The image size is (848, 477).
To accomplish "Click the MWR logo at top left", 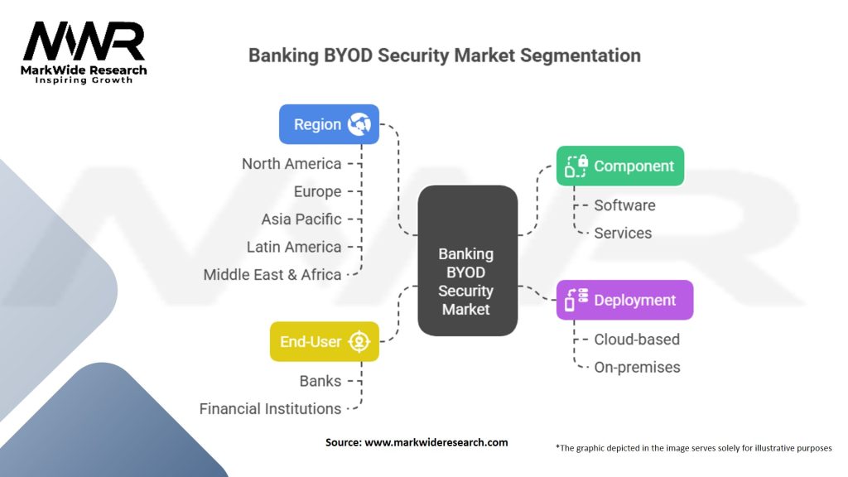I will pos(84,51).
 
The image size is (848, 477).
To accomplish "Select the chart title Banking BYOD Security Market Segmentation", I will pos(445,55).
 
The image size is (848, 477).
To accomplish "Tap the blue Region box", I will pos(328,124).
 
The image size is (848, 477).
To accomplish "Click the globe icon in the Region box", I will pos(359,124).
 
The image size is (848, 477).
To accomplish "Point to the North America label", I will pos(291,163).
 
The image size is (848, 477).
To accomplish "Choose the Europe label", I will pos(317,191).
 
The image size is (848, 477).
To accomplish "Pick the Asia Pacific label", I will pos(301,219).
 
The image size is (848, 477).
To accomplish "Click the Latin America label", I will pos(293,247).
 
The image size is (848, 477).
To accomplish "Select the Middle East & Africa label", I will pos(272,274).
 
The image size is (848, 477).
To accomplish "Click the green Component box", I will pos(619,166).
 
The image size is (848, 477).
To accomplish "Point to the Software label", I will pos(624,205).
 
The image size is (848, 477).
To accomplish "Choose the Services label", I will pos(623,233).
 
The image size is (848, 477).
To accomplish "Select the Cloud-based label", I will pos(636,340).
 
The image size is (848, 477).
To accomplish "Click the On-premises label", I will pos(637,367).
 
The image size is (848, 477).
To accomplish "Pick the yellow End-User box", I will pos(324,341).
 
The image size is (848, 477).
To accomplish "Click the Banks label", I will pos(320,381).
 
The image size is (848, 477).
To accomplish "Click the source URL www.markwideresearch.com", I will pos(436,442).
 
